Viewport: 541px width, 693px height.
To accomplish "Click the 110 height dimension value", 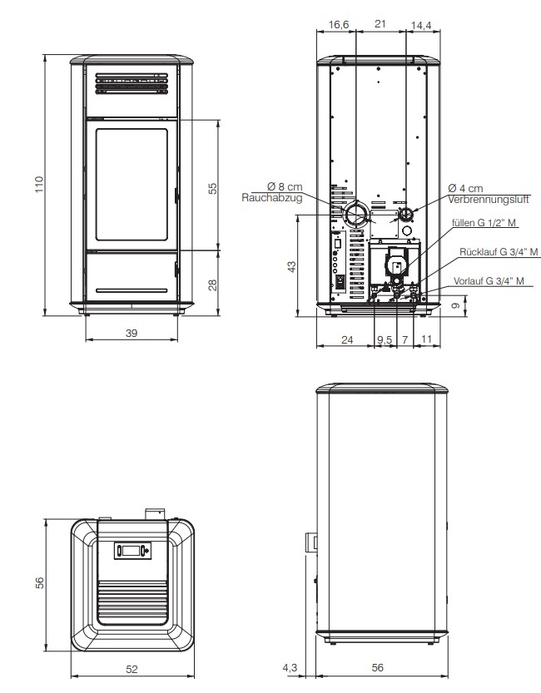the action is [39, 185].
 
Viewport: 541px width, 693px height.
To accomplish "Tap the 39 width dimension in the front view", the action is [132, 333].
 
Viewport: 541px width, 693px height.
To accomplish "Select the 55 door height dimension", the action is [213, 188].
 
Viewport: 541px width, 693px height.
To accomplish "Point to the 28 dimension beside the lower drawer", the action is [213, 285].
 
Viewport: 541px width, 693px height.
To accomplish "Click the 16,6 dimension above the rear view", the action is [339, 24].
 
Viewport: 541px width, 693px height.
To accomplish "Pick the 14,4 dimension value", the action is [421, 26].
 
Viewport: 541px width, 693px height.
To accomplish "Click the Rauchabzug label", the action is [272, 197].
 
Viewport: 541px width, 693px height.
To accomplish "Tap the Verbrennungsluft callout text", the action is [489, 200].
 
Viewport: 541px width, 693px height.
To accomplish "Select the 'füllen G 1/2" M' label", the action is [484, 222].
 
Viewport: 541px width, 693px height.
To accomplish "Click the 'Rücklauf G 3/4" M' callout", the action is [499, 252].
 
